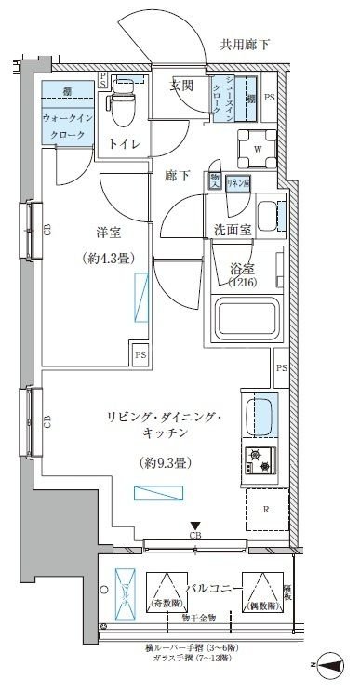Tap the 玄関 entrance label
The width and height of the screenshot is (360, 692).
click(x=181, y=86)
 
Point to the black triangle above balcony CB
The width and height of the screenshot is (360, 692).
click(x=195, y=526)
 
